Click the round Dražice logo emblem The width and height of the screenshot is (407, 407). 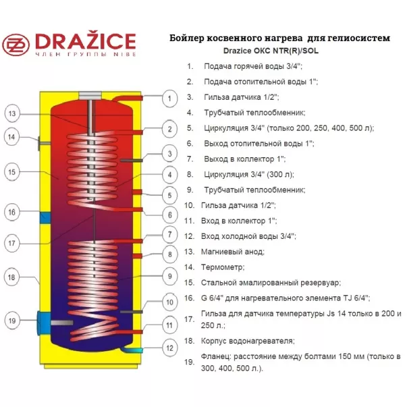(x=16, y=45)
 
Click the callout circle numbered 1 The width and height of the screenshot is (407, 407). (x=169, y=99)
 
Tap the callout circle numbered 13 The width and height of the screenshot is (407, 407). (x=12, y=113)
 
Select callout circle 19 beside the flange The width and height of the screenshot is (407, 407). (x=12, y=321)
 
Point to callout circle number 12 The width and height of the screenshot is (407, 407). (x=169, y=348)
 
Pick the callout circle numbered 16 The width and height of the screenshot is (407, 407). (x=12, y=213)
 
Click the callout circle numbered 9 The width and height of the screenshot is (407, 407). (x=170, y=276)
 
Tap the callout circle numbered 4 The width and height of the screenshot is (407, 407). (x=170, y=175)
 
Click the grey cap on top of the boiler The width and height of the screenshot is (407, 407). (x=90, y=96)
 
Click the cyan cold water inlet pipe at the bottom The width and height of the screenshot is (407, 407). (x=133, y=350)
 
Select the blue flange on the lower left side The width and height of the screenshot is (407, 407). (x=44, y=323)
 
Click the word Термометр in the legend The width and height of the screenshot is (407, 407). (x=223, y=267)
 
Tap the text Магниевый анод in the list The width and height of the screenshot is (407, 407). (x=233, y=252)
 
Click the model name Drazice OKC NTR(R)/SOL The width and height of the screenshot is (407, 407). (x=271, y=51)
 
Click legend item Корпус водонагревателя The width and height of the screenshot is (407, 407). (x=248, y=341)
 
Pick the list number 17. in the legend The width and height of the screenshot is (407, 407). (x=190, y=319)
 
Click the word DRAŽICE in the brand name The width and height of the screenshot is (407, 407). (x=86, y=42)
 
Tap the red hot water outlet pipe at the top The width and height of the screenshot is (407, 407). (x=128, y=98)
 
